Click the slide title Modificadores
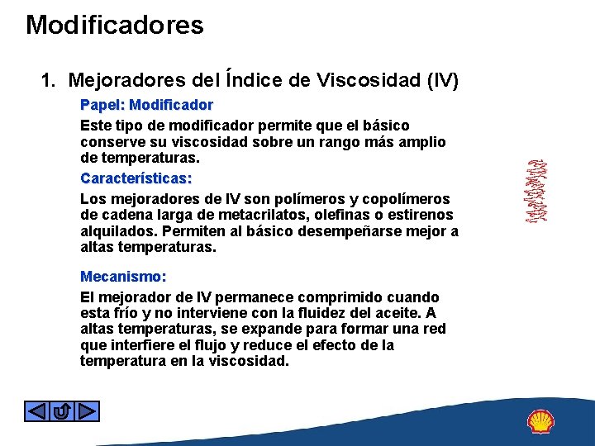coord(114,25)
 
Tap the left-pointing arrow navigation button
coord(36,410)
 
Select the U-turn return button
coord(61,410)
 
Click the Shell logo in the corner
coord(541,422)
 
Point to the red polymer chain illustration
coord(539,191)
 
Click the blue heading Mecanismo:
coord(123,277)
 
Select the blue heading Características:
coord(136,178)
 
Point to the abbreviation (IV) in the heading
coord(441,80)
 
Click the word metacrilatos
coord(264,216)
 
